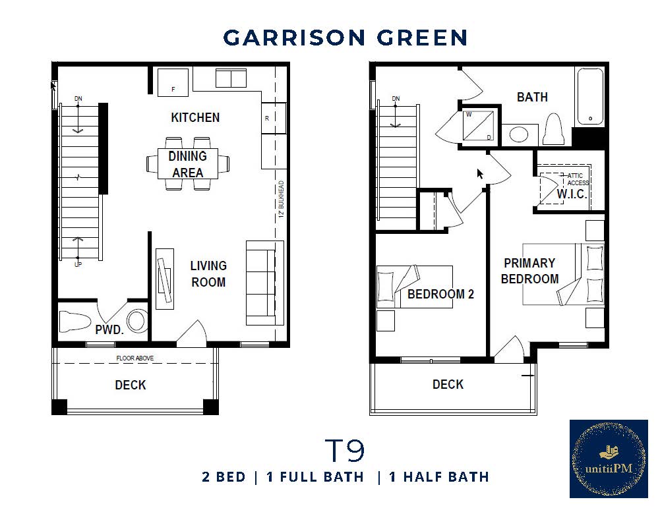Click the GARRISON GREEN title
345,38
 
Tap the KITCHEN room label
195,118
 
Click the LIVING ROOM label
208,274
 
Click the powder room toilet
74,321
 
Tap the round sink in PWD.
138,321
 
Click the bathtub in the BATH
590,97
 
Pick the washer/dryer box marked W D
479,126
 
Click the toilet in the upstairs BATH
554,129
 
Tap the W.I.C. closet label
571,194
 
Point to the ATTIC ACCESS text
578,179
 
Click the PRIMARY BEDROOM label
529,271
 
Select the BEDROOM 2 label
440,295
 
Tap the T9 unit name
345,451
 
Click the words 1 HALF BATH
438,477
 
